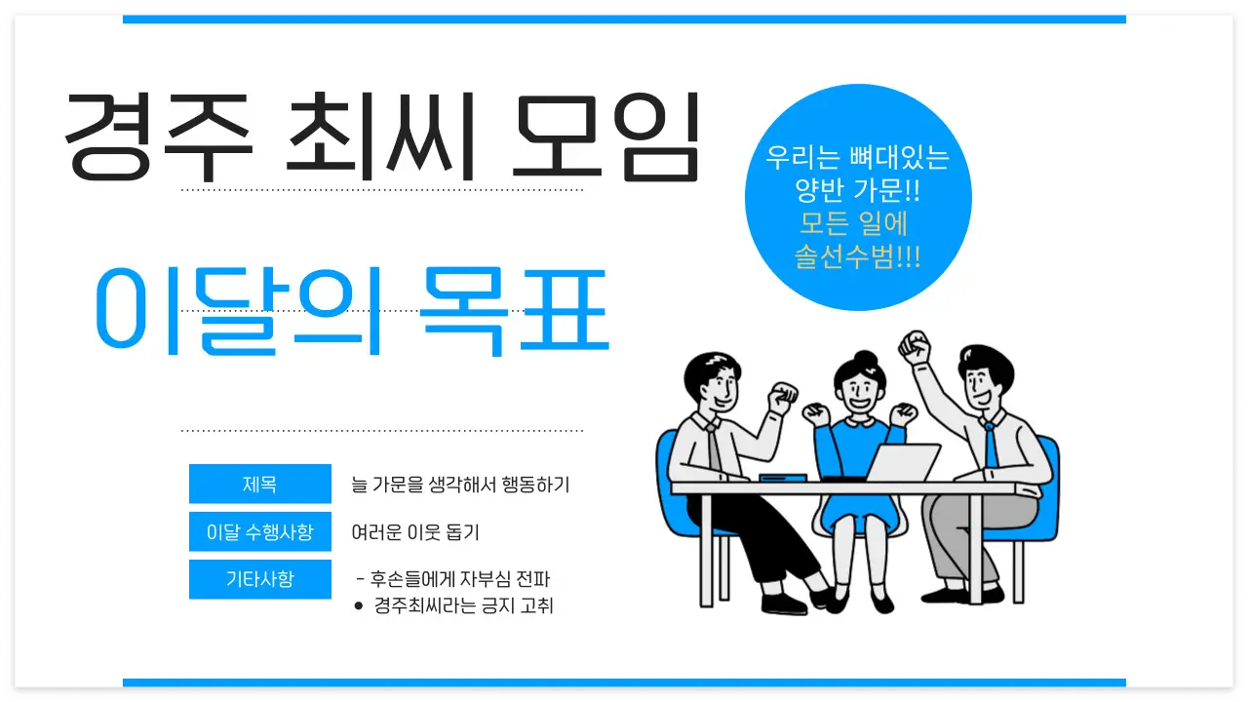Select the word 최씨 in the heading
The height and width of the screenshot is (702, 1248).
tap(380, 136)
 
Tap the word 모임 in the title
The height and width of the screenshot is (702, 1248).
tap(605, 136)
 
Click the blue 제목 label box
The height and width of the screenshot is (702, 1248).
tap(259, 484)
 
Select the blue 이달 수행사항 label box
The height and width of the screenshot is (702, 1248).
tap(259, 532)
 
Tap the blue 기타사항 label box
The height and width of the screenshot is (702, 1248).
tap(259, 579)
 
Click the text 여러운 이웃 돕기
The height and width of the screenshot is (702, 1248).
tap(415, 532)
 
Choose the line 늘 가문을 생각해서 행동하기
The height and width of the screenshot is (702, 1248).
tap(460, 484)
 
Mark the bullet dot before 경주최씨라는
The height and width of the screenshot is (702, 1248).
tap(359, 606)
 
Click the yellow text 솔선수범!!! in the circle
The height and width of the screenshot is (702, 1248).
tap(858, 257)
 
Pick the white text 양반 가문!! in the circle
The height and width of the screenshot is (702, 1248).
tap(858, 190)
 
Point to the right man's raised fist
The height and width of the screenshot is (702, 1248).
tap(915, 344)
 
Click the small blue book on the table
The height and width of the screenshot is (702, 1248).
tap(782, 477)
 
